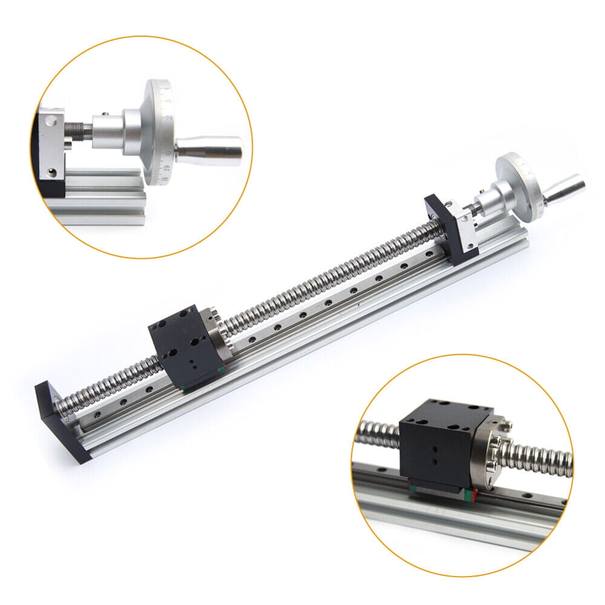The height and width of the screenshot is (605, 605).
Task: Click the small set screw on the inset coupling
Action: [103, 111]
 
